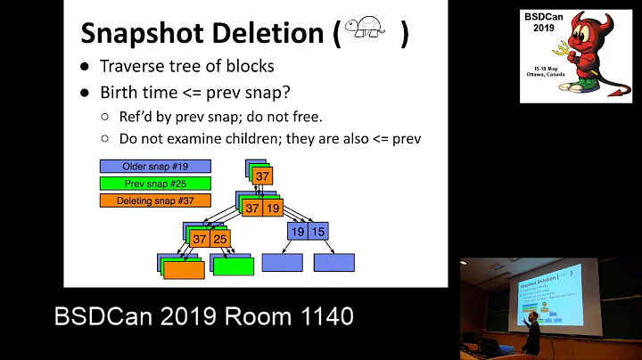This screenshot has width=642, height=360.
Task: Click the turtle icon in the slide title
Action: [367, 33]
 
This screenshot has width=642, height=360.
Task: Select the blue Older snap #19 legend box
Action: [156, 166]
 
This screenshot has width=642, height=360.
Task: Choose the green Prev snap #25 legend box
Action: [156, 184]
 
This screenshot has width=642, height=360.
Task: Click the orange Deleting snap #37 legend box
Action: [156, 200]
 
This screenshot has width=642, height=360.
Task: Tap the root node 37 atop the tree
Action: [262, 176]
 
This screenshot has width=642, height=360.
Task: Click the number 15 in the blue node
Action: [319, 232]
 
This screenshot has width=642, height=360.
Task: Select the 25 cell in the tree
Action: [219, 239]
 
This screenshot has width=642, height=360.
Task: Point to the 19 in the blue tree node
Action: [298, 232]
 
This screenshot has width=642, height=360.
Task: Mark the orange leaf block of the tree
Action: [184, 268]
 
